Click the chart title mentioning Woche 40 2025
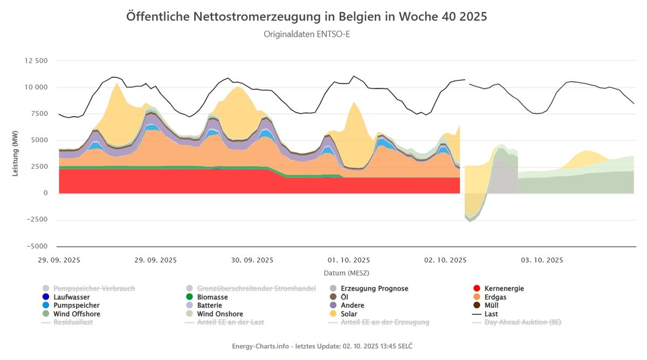pos(306,16)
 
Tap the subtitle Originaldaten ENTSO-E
pos(306,34)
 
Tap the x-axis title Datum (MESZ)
pos(346,273)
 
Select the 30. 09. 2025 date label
pos(252,260)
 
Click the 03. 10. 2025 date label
pos(542,260)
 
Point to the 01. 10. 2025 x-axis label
pos(349,260)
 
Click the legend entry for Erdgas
pos(495,297)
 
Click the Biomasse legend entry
pos(212,297)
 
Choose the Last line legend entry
pos(491,314)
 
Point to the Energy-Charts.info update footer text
pos(323,345)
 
